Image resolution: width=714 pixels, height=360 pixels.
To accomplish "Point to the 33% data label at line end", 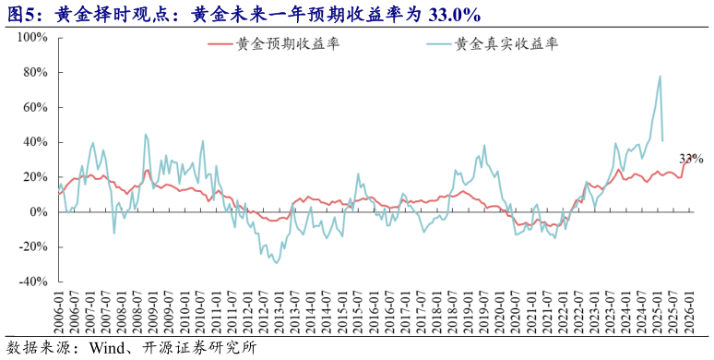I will coord(692,160).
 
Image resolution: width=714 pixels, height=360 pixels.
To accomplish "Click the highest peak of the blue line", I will coord(660,77).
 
